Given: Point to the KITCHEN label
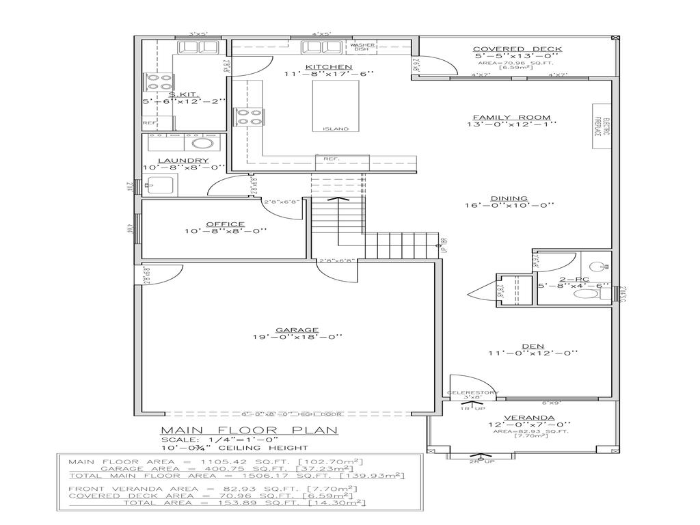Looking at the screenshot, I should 319,66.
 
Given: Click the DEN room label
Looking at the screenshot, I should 533,345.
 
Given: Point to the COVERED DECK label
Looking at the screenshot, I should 517,49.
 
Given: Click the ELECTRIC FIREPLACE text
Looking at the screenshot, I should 597,125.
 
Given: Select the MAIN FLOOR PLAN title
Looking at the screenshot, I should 249,430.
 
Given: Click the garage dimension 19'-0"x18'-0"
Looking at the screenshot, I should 297,336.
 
